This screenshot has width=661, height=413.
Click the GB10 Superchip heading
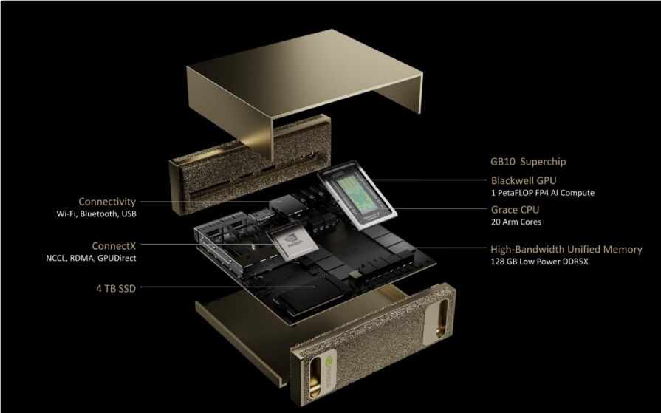[x=528, y=162]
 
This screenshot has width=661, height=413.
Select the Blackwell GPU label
[x=524, y=180]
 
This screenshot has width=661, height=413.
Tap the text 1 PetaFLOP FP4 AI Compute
[x=543, y=193]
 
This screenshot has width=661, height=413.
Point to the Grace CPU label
[x=516, y=210]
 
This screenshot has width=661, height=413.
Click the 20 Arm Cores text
[x=516, y=222]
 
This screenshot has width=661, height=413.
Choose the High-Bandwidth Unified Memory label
[x=566, y=249]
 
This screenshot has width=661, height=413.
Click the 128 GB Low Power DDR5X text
[x=539, y=262]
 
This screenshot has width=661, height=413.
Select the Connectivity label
[x=107, y=202]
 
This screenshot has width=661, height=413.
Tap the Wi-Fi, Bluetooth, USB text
[x=97, y=214]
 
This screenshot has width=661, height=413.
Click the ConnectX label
[x=114, y=245]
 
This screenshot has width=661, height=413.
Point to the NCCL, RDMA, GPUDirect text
[x=91, y=258]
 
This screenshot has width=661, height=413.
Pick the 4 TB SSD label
[x=116, y=289]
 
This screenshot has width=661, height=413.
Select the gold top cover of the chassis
[x=304, y=84]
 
